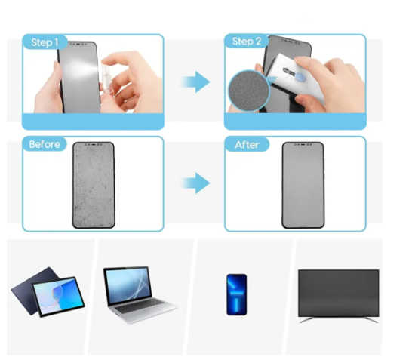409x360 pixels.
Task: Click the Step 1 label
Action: point(45,42)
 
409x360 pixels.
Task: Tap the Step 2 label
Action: point(247,42)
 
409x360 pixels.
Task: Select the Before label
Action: point(45,144)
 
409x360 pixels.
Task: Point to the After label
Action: point(247,145)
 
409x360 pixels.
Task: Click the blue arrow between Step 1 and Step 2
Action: point(195,82)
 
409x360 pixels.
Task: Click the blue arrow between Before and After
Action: point(195,183)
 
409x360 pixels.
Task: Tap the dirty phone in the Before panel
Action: point(94,185)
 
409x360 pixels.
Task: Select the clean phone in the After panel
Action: point(303,185)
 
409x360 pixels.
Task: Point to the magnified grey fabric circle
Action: point(248,91)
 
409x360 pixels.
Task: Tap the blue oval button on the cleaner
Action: point(300,76)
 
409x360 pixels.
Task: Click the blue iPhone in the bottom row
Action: point(237,294)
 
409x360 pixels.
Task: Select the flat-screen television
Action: point(339,295)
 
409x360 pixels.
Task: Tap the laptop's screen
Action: point(128,285)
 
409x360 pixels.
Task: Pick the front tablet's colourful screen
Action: point(59,296)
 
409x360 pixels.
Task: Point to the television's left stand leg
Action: point(306,320)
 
